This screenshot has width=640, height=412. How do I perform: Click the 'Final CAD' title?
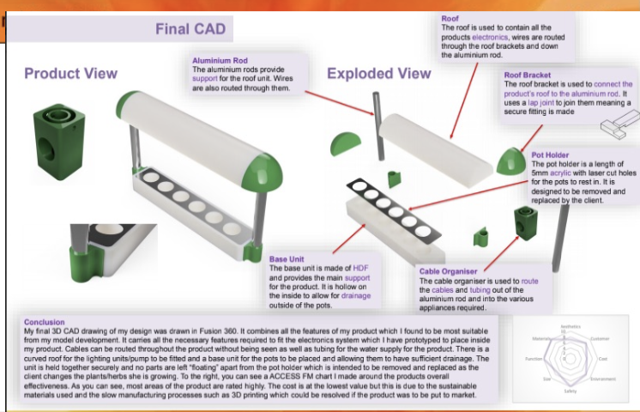[190, 29]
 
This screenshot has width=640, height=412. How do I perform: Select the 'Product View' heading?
[71, 73]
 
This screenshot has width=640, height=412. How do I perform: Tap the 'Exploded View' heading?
[379, 73]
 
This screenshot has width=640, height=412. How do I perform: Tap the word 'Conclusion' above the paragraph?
[46, 323]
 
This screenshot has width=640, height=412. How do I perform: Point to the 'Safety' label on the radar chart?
[571, 391]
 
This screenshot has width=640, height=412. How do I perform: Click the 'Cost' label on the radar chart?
[602, 358]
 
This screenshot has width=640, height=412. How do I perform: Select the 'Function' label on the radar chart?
[533, 358]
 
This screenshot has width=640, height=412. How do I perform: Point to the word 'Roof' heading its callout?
[450, 18]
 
